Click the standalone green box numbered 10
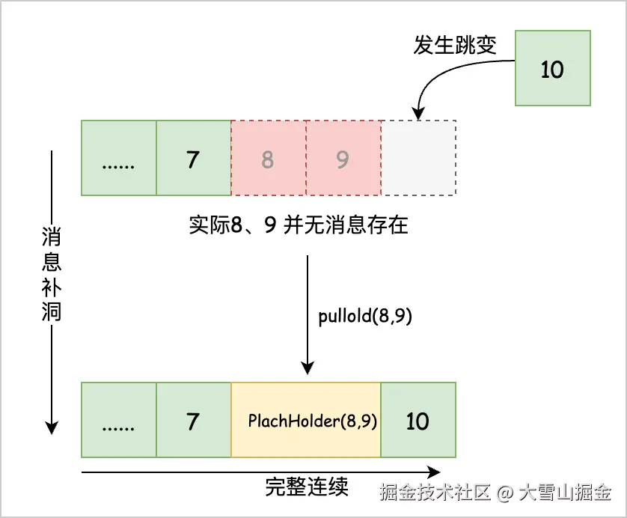[552, 69]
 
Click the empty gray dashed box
[418, 158]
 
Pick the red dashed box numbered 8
[269, 158]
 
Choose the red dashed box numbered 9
[343, 158]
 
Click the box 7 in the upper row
[194, 158]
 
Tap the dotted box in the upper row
[118, 158]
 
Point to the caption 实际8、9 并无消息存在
[299, 225]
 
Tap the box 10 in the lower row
[418, 420]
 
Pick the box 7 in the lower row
[194, 420]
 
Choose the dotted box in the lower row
[118, 420]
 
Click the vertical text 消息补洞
[51, 275]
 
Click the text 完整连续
[306, 487]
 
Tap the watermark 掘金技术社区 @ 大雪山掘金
[495, 493]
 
